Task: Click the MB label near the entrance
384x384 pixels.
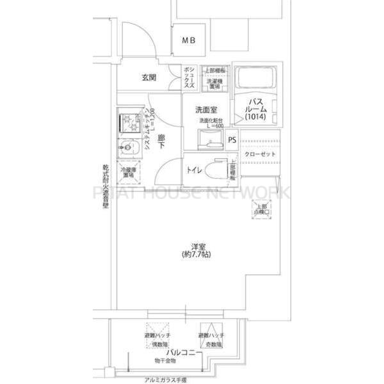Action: [188, 41]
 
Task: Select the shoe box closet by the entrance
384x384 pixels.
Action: [189, 77]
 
